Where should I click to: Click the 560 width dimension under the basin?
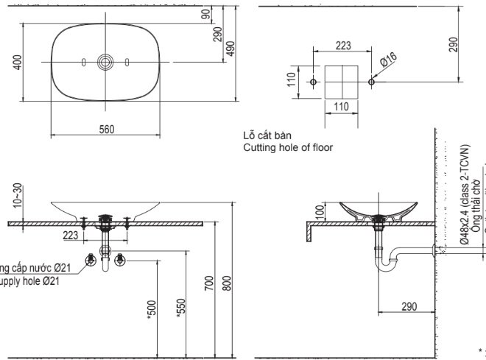tap(107, 129)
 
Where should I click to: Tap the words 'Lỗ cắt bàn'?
tap(267, 136)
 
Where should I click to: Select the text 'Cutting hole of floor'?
tap(287, 147)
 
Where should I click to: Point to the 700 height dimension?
tap(209, 282)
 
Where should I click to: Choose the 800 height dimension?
tap(228, 282)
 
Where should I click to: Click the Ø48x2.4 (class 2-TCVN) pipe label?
tap(465, 195)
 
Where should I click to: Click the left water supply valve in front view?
tap(91, 258)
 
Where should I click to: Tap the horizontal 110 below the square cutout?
tap(342, 107)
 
